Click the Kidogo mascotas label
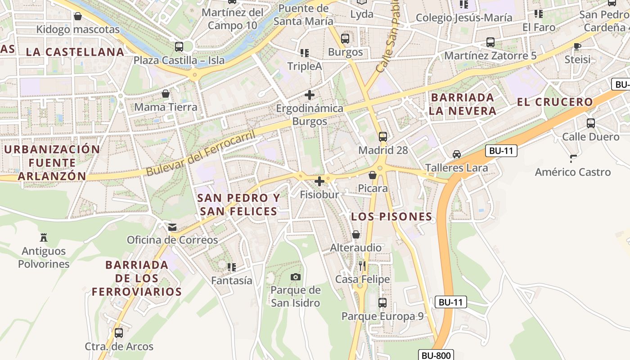pos(78,30)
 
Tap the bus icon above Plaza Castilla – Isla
pos(179,46)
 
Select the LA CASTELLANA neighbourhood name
pos(75,52)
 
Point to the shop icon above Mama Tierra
pos(166,94)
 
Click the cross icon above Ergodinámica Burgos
pos(310,95)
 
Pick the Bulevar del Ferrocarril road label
pos(201,153)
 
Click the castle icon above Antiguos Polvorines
pos(44,237)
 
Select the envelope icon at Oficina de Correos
pos(172,227)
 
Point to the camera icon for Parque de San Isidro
pos(296,277)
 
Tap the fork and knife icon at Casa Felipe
pos(362,266)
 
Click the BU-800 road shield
pos(436,355)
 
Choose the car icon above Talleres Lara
pos(457,154)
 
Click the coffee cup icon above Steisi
pos(577,46)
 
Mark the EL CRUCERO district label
pos(555,102)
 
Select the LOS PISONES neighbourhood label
pos(391,217)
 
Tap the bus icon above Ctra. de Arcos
pos(119,333)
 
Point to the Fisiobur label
pos(319,194)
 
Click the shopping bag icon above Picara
pos(373,175)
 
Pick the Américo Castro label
pos(572,172)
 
